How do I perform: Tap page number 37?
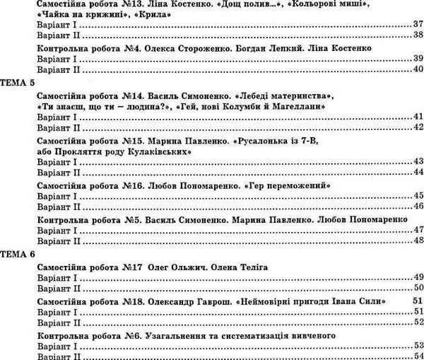[416, 25]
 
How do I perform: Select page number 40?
[416, 69]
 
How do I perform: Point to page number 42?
[416, 127]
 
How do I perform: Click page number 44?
[416, 173]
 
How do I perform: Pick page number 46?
[416, 206]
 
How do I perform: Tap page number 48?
[416, 240]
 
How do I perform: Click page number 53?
[416, 346]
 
